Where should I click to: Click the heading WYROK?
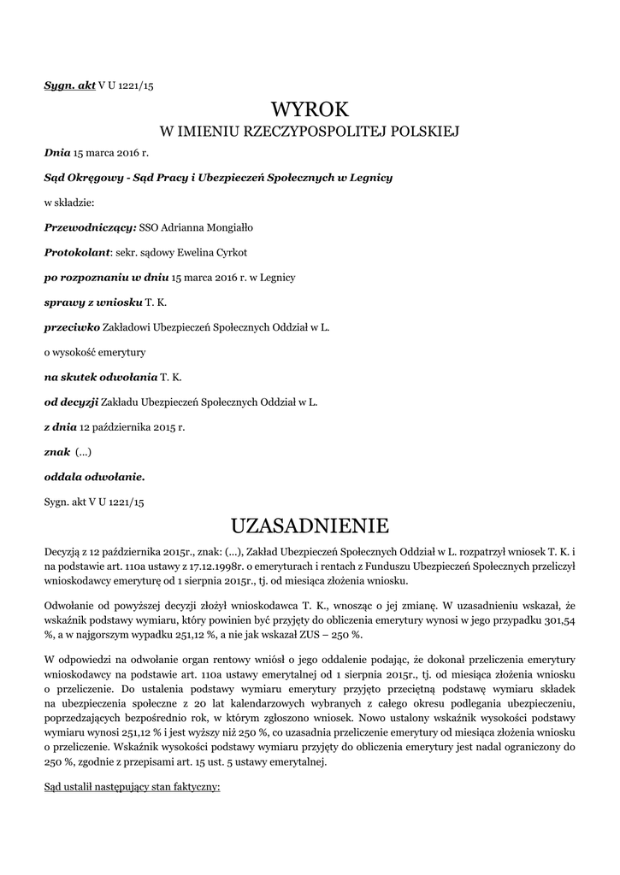(310, 109)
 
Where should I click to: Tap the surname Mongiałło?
(225, 227)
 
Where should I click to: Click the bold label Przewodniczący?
(90, 227)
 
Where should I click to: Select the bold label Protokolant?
(78, 252)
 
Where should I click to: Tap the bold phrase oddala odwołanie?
(94, 476)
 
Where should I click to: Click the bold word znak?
(56, 451)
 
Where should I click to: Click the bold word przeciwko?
(72, 326)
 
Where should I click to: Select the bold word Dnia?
(57, 153)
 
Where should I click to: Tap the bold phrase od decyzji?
(71, 401)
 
